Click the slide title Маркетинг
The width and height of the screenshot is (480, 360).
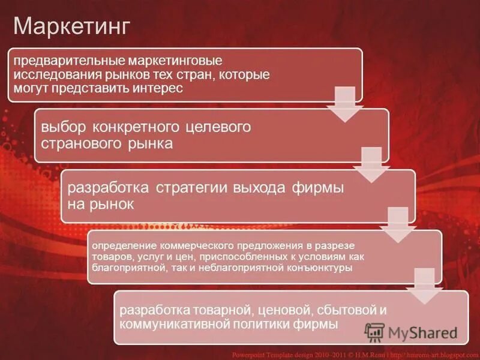72,26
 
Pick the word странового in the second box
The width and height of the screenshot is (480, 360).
82,143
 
